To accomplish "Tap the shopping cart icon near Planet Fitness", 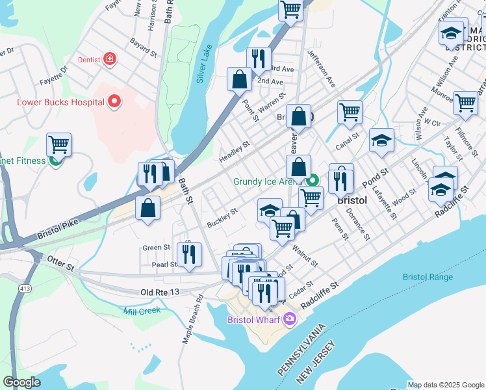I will coord(58,144).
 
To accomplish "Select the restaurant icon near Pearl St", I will coord(189,254).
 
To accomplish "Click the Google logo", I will coord(21,382).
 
